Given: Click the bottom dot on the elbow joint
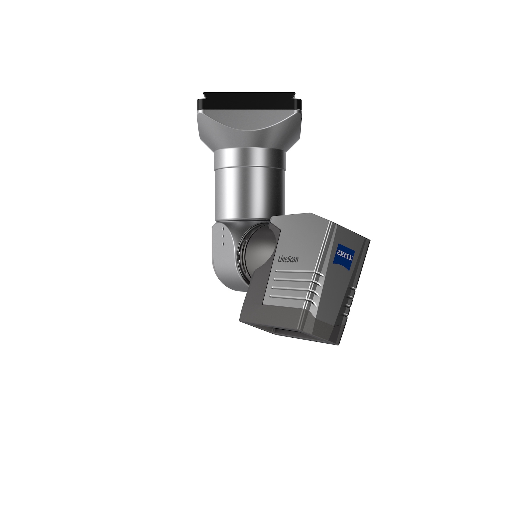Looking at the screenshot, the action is tap(223, 244).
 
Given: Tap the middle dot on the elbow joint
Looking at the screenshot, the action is tap(223, 236).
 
